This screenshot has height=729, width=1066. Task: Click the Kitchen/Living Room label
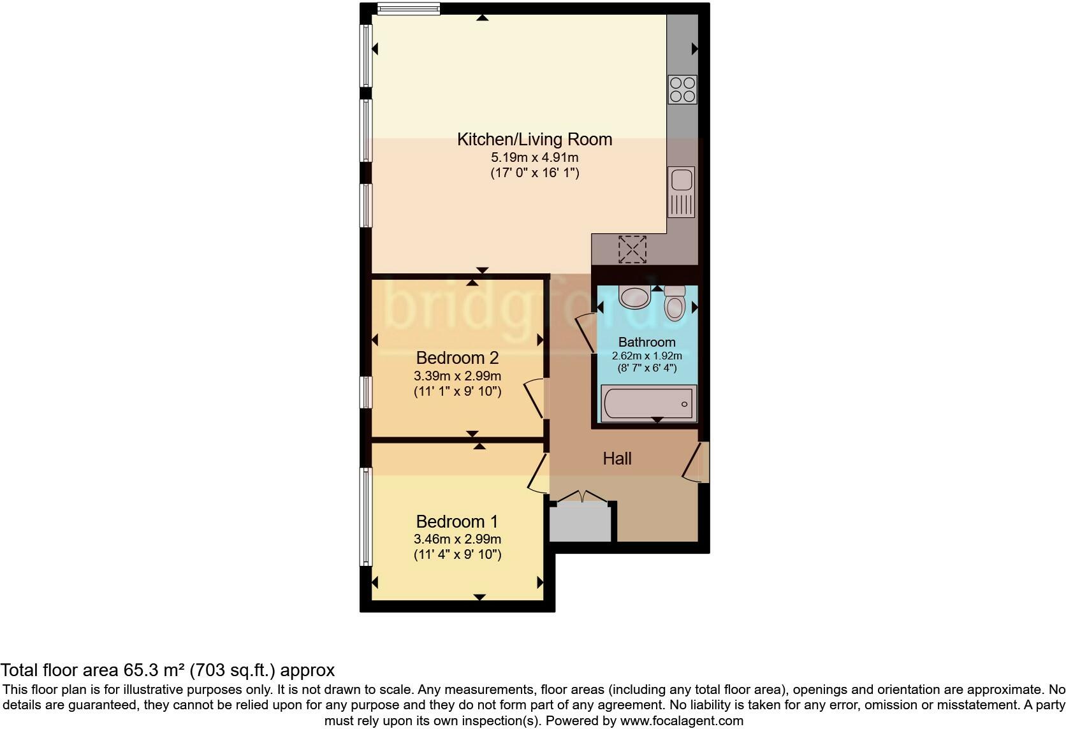point(534,140)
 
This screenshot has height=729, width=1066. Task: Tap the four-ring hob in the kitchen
point(682,89)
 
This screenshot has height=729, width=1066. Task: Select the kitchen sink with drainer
point(682,192)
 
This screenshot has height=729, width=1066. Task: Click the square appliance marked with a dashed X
point(632,249)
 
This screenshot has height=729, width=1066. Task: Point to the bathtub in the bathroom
point(648,403)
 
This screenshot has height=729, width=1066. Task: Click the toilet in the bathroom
point(674,303)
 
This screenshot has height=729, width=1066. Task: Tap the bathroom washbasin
point(634,296)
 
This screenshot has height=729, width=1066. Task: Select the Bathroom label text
point(646,342)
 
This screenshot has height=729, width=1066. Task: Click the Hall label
point(617,459)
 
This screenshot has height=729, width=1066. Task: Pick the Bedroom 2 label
point(457,357)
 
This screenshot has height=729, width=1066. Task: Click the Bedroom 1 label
point(457,522)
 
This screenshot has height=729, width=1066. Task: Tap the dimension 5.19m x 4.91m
point(534,157)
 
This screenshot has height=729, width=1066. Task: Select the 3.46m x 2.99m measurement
point(457,539)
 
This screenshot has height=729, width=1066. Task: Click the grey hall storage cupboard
point(580,522)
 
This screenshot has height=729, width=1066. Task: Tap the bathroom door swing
point(586,331)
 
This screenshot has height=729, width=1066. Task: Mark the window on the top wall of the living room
point(408,8)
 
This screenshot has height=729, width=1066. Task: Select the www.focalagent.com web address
point(682,721)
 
